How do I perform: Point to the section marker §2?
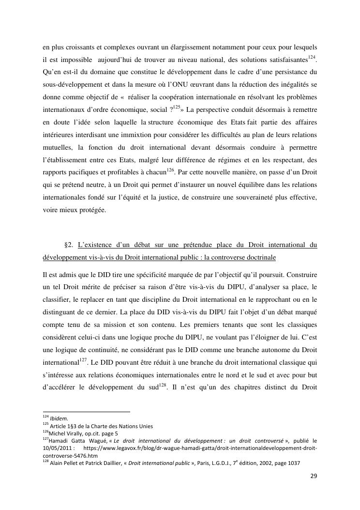[69, 245]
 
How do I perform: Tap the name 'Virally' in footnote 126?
[72, 433]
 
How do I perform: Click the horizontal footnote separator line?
[87, 412]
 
